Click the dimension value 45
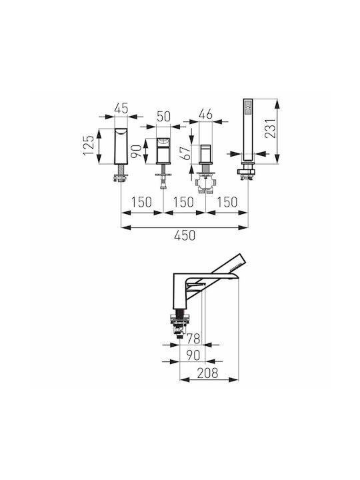(121, 109)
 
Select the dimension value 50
(163, 117)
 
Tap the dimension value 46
(205, 114)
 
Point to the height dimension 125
(89, 145)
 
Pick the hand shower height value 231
(271, 128)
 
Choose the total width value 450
(185, 235)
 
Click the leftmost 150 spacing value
(141, 203)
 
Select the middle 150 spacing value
(183, 203)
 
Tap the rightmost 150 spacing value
(227, 203)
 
